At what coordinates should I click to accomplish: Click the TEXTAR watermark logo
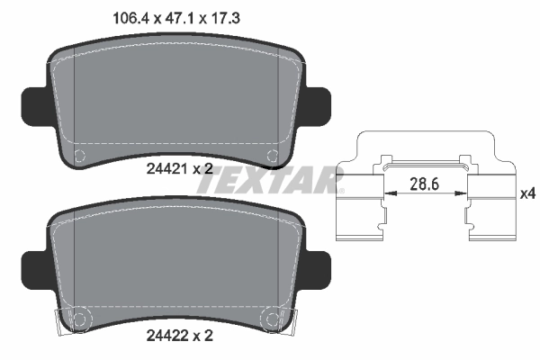(x=270, y=180)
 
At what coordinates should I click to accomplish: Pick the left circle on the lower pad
(x=77, y=318)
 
